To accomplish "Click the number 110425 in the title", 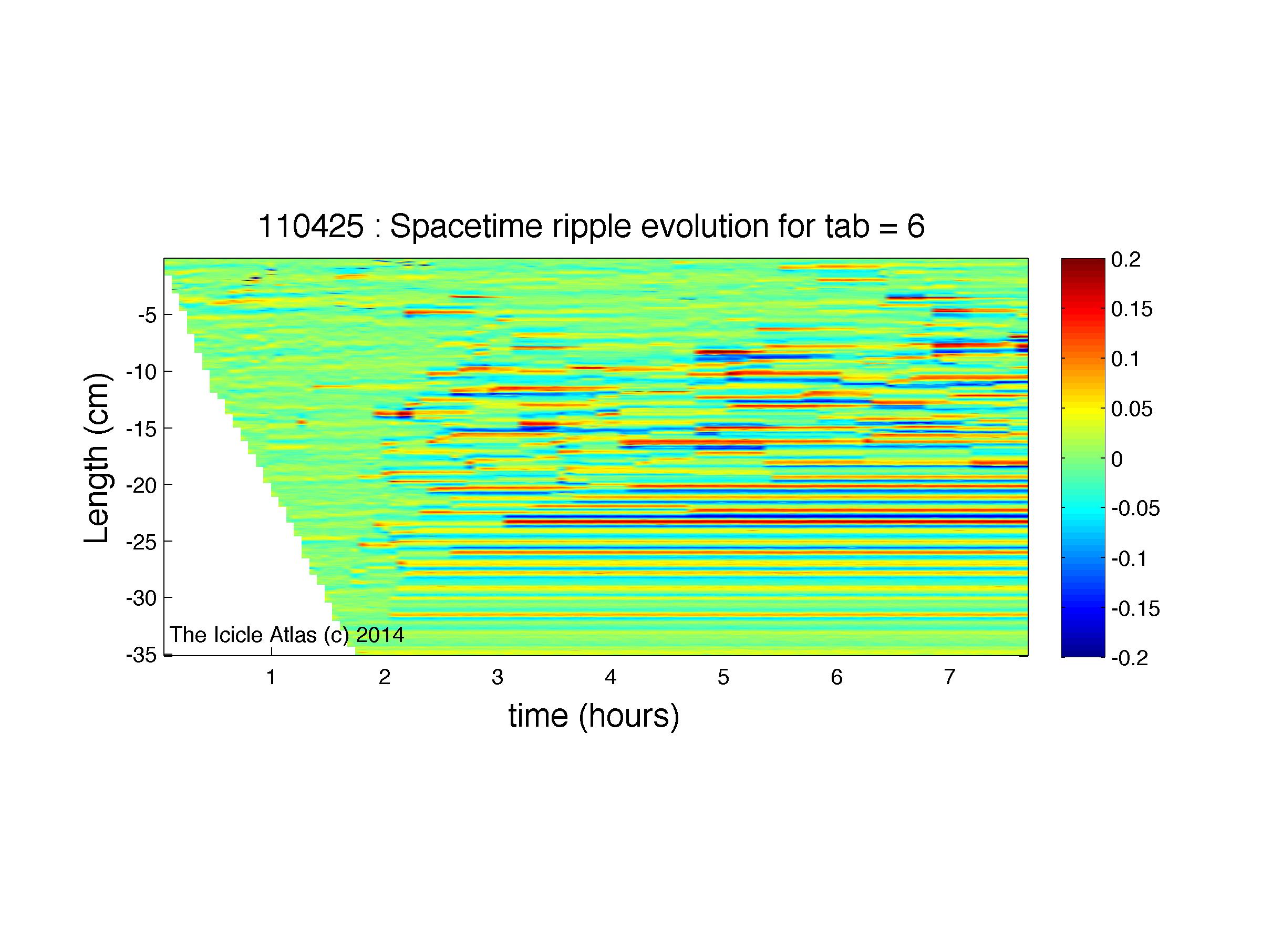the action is [x=311, y=227].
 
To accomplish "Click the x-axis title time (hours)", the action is [x=594, y=716].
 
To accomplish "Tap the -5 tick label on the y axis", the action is [x=147, y=315].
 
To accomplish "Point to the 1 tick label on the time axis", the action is [x=271, y=677].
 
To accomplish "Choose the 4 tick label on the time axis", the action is [x=611, y=677].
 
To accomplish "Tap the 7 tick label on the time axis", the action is [x=949, y=677].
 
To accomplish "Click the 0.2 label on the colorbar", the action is [x=1125, y=260].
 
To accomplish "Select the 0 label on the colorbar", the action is [x=1117, y=459].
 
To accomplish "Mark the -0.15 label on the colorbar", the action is [x=1135, y=609].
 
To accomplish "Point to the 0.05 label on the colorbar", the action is [x=1132, y=409].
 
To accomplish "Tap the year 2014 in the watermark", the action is [x=380, y=635].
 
